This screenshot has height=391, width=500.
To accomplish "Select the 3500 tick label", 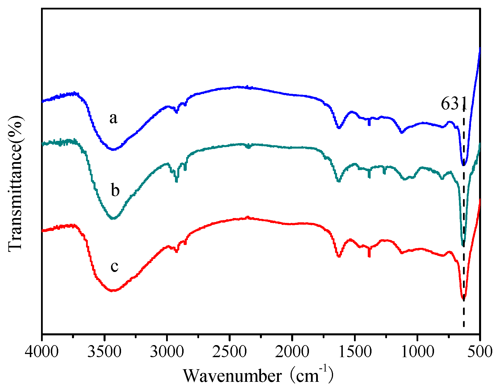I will coord(104,352).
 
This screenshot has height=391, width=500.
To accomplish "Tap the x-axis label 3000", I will coord(167,352).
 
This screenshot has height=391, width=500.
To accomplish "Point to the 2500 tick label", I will coord(229,352).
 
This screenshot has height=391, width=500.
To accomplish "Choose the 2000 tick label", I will coord(292,352).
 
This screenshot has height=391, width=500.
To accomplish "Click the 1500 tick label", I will coord(355,352).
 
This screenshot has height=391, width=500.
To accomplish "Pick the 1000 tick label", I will coord(417,352).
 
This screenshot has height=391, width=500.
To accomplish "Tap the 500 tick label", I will coord(480,352).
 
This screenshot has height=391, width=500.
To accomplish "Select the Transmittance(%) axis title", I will coord(15,184).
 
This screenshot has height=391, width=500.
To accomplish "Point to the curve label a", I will coord(113,118).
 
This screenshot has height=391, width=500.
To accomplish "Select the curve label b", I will coord(115,190).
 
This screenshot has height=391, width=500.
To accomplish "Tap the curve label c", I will coord(114,266).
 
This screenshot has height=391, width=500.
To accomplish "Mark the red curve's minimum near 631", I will coord(463,299).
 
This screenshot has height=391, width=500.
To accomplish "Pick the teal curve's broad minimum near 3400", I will coord(113,219).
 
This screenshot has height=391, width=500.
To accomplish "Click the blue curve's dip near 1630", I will coord(339,128).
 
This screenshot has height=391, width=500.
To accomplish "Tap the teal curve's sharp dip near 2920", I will coord(176,181).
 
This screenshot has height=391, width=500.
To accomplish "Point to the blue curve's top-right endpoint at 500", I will coord(480,48).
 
